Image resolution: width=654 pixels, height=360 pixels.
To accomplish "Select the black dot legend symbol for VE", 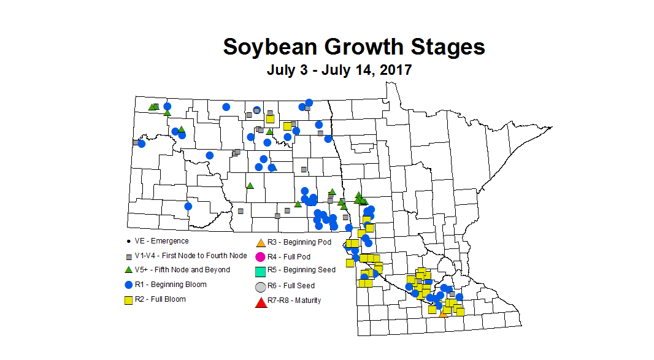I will coord(128,242).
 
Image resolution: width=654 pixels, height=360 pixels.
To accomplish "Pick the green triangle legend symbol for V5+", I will coord(128,270).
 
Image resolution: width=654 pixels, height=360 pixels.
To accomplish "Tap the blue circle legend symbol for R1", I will coord(128,285).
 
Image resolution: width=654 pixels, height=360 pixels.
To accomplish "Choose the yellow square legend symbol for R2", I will coord(128,300).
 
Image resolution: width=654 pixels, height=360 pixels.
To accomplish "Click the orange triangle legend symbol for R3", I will coord(260,243).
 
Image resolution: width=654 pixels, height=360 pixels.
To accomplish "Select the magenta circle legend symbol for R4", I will coord(260,256).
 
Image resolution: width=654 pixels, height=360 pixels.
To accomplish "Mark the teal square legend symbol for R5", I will coord(260,270).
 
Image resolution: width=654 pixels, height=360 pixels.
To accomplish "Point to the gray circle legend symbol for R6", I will coord(260,286).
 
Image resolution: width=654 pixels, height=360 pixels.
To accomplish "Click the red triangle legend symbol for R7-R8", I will coord(260,301).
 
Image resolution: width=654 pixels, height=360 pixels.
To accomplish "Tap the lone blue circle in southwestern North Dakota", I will coord(188,206).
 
